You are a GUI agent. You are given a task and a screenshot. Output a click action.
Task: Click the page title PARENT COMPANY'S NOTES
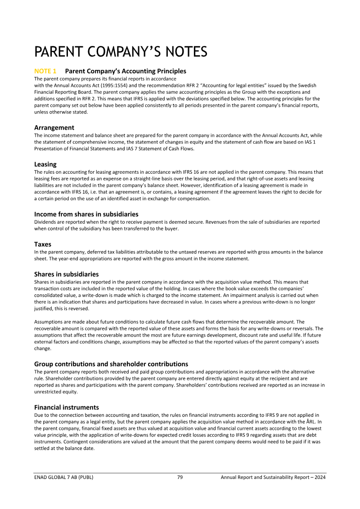pyautogui.click(x=121, y=52)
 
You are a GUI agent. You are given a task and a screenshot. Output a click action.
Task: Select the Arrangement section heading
pyautogui.click(x=54, y=128)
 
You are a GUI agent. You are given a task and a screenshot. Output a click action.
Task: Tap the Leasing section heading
pyautogui.click(x=45, y=164)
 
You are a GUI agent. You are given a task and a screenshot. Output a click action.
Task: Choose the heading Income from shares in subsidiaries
pyautogui.click(x=86, y=214)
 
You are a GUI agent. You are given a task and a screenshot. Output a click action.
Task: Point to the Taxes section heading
pyautogui.click(x=43, y=244)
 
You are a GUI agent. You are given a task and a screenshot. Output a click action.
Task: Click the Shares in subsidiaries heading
pyautogui.click(x=66, y=274)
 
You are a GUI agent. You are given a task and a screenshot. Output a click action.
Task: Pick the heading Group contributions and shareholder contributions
pyautogui.click(x=111, y=364)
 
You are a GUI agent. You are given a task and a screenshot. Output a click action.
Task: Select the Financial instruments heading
pyautogui.click(x=67, y=407)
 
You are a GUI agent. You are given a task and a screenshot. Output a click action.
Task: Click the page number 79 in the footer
pyautogui.click(x=180, y=477)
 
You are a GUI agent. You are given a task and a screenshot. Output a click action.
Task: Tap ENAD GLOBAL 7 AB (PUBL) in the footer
pyautogui.click(x=64, y=477)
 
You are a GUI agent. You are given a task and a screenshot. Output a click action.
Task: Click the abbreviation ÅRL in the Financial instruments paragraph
pyautogui.click(x=313, y=422)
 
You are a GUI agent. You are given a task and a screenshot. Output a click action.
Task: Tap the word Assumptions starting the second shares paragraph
pyautogui.click(x=49, y=322)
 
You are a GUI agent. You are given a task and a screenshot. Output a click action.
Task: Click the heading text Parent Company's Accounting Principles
pyautogui.click(x=126, y=71)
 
